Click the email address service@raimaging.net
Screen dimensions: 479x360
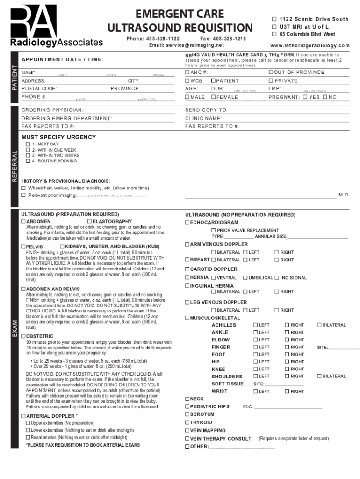(x=186, y=45)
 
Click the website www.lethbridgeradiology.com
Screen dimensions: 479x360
(x=310, y=45)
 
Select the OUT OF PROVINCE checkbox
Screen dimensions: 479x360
(x=271, y=73)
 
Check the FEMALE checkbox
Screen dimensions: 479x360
(x=213, y=97)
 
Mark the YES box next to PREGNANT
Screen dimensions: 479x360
(x=305, y=97)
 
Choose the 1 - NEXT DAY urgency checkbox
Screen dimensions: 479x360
(x=28, y=145)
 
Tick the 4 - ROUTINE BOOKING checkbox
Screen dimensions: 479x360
(x=28, y=161)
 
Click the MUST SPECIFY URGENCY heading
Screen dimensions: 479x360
(x=58, y=137)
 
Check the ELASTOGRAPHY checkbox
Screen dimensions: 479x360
(x=89, y=221)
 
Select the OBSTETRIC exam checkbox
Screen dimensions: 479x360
(x=24, y=336)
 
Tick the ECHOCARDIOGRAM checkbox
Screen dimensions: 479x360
(x=187, y=223)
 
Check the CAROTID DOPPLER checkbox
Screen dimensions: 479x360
(x=187, y=269)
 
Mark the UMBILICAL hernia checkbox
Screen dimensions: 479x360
(x=245, y=278)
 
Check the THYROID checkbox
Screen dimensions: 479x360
(x=187, y=422)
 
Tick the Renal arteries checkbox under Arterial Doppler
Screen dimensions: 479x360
(x=28, y=438)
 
